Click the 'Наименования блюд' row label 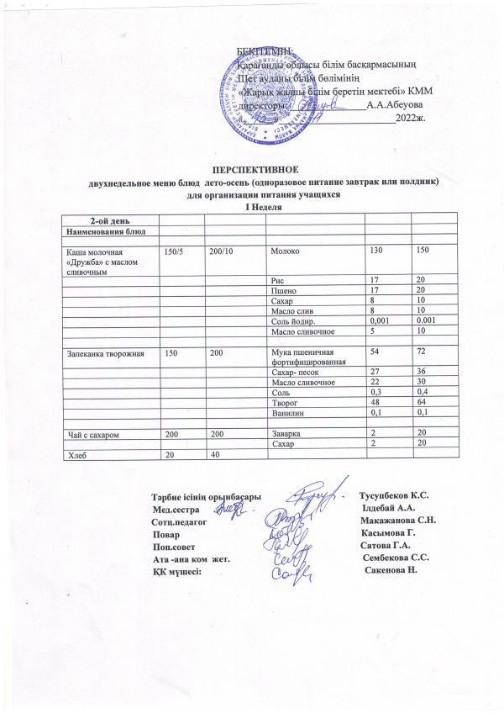tap(102, 229)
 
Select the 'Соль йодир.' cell tap(294, 320)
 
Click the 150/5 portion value tap(173, 251)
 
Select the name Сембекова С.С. tap(396, 558)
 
